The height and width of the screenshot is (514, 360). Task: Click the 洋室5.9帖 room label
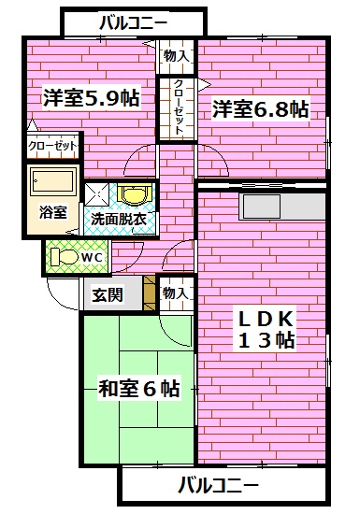pyautogui.click(x=91, y=97)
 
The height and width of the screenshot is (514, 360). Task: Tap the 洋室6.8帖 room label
pyautogui.click(x=259, y=109)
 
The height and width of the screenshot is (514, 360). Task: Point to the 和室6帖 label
pyautogui.click(x=138, y=388)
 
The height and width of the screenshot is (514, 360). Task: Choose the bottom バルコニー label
pyautogui.click(x=216, y=485)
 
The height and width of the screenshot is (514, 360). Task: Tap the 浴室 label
pyautogui.click(x=53, y=211)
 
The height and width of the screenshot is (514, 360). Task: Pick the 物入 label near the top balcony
pyautogui.click(x=176, y=56)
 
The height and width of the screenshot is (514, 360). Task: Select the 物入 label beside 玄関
pyautogui.click(x=175, y=293)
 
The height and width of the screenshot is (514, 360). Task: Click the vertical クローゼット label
pyautogui.click(x=177, y=108)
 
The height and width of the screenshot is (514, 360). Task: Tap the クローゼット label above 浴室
pyautogui.click(x=53, y=147)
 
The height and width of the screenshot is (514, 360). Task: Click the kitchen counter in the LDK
pyautogui.click(x=281, y=203)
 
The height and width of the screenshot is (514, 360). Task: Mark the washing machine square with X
pyautogui.click(x=98, y=193)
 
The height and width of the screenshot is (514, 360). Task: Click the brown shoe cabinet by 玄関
pyautogui.click(x=149, y=294)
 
